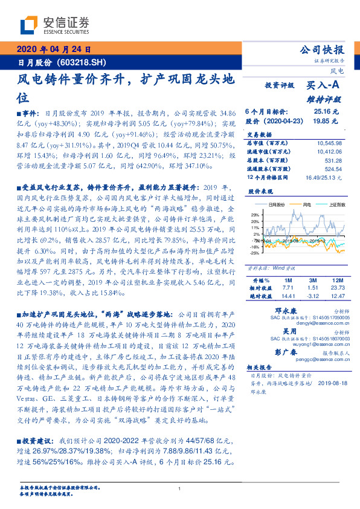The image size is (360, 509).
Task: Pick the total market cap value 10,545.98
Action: (x=329, y=143)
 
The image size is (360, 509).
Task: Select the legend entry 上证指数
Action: (x=336, y=205)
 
